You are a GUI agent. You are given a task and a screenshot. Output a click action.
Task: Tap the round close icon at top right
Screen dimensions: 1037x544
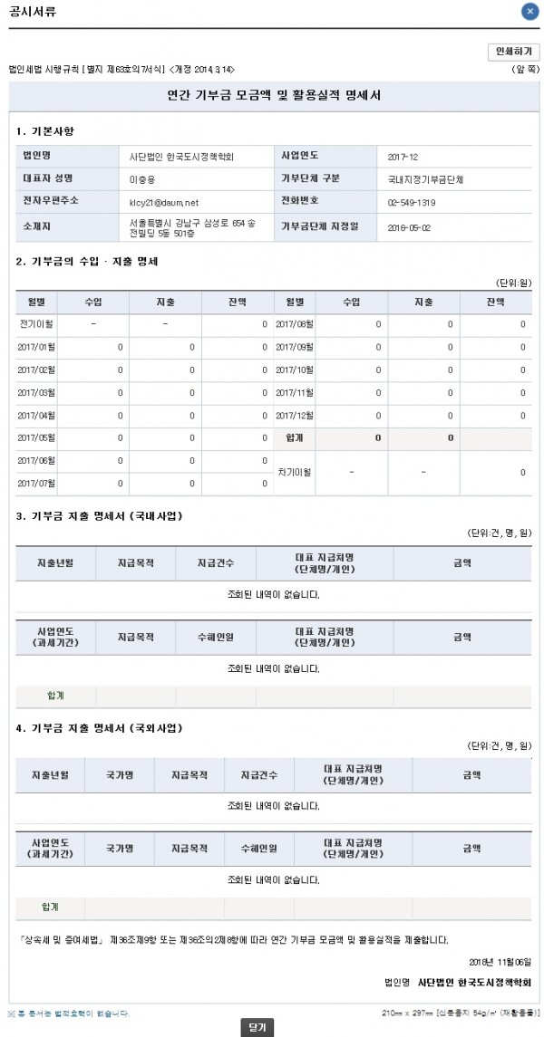[529, 12]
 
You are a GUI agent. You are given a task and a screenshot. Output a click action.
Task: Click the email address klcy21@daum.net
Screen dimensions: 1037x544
[164, 203]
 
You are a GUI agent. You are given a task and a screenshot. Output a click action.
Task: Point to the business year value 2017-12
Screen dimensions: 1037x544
[402, 157]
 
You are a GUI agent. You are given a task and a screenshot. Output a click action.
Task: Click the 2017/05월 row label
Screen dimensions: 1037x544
[37, 438]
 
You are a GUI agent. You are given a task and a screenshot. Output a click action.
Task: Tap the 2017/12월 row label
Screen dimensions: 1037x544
[294, 416]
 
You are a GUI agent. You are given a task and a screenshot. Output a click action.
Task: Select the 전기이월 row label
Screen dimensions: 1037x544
[37, 323]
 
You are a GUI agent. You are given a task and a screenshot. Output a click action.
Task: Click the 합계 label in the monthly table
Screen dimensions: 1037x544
[294, 438]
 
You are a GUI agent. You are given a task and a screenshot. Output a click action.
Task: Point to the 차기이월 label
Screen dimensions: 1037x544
[294, 472]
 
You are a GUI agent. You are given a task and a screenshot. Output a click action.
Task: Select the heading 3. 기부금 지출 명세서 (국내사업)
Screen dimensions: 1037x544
[99, 516]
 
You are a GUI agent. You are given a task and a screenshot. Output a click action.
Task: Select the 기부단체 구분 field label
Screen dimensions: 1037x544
[314, 178]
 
